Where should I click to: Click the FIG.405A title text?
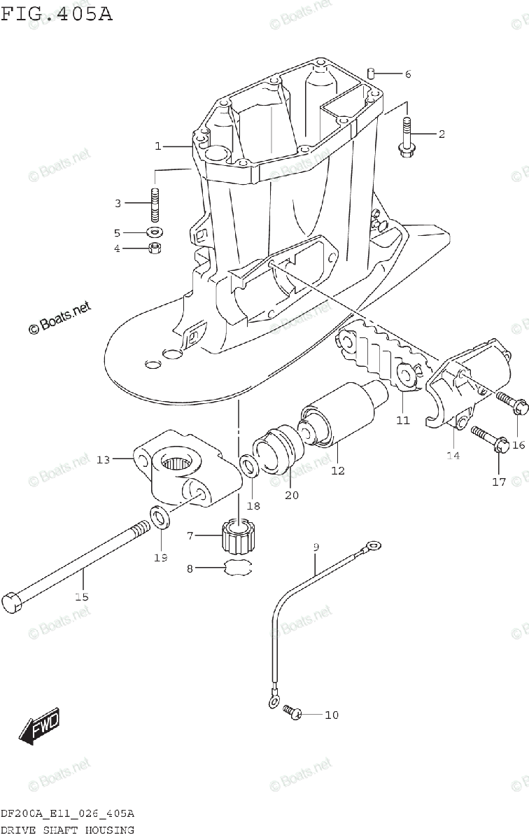pyautogui.click(x=57, y=13)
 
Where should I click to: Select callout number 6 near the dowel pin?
pyautogui.click(x=407, y=74)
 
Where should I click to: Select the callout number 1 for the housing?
pyautogui.click(x=158, y=146)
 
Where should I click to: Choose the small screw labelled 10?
pyautogui.click(x=292, y=714)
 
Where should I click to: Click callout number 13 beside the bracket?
pyautogui.click(x=103, y=459)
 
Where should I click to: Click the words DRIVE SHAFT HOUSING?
pyautogui.click(x=67, y=830)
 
